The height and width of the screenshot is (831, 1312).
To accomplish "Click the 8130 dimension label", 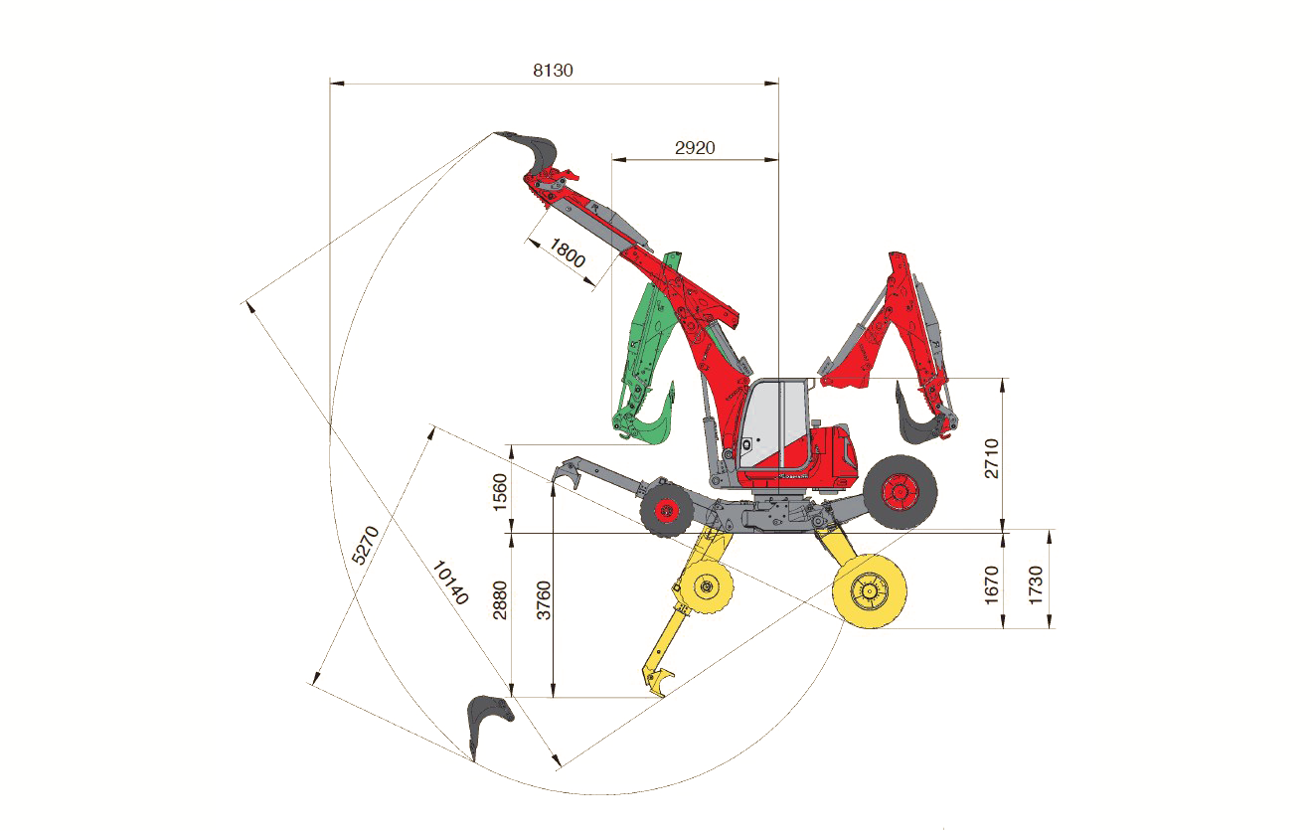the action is tap(553, 71).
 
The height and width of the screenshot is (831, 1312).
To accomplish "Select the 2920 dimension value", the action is tap(695, 147).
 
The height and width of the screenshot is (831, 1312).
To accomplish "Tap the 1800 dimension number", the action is tap(567, 252).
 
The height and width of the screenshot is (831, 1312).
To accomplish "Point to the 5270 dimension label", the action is tap(366, 546).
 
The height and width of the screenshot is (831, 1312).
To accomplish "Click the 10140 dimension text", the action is tap(450, 582).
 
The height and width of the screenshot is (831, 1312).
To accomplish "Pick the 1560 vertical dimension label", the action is tap(500, 492).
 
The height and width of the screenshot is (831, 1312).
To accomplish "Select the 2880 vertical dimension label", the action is tap(500, 599).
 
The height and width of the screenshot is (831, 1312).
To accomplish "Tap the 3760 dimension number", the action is tap(544, 599).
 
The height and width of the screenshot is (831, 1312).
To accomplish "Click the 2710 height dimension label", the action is tap(991, 458).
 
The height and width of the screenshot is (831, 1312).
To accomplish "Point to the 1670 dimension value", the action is tap(991, 585).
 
